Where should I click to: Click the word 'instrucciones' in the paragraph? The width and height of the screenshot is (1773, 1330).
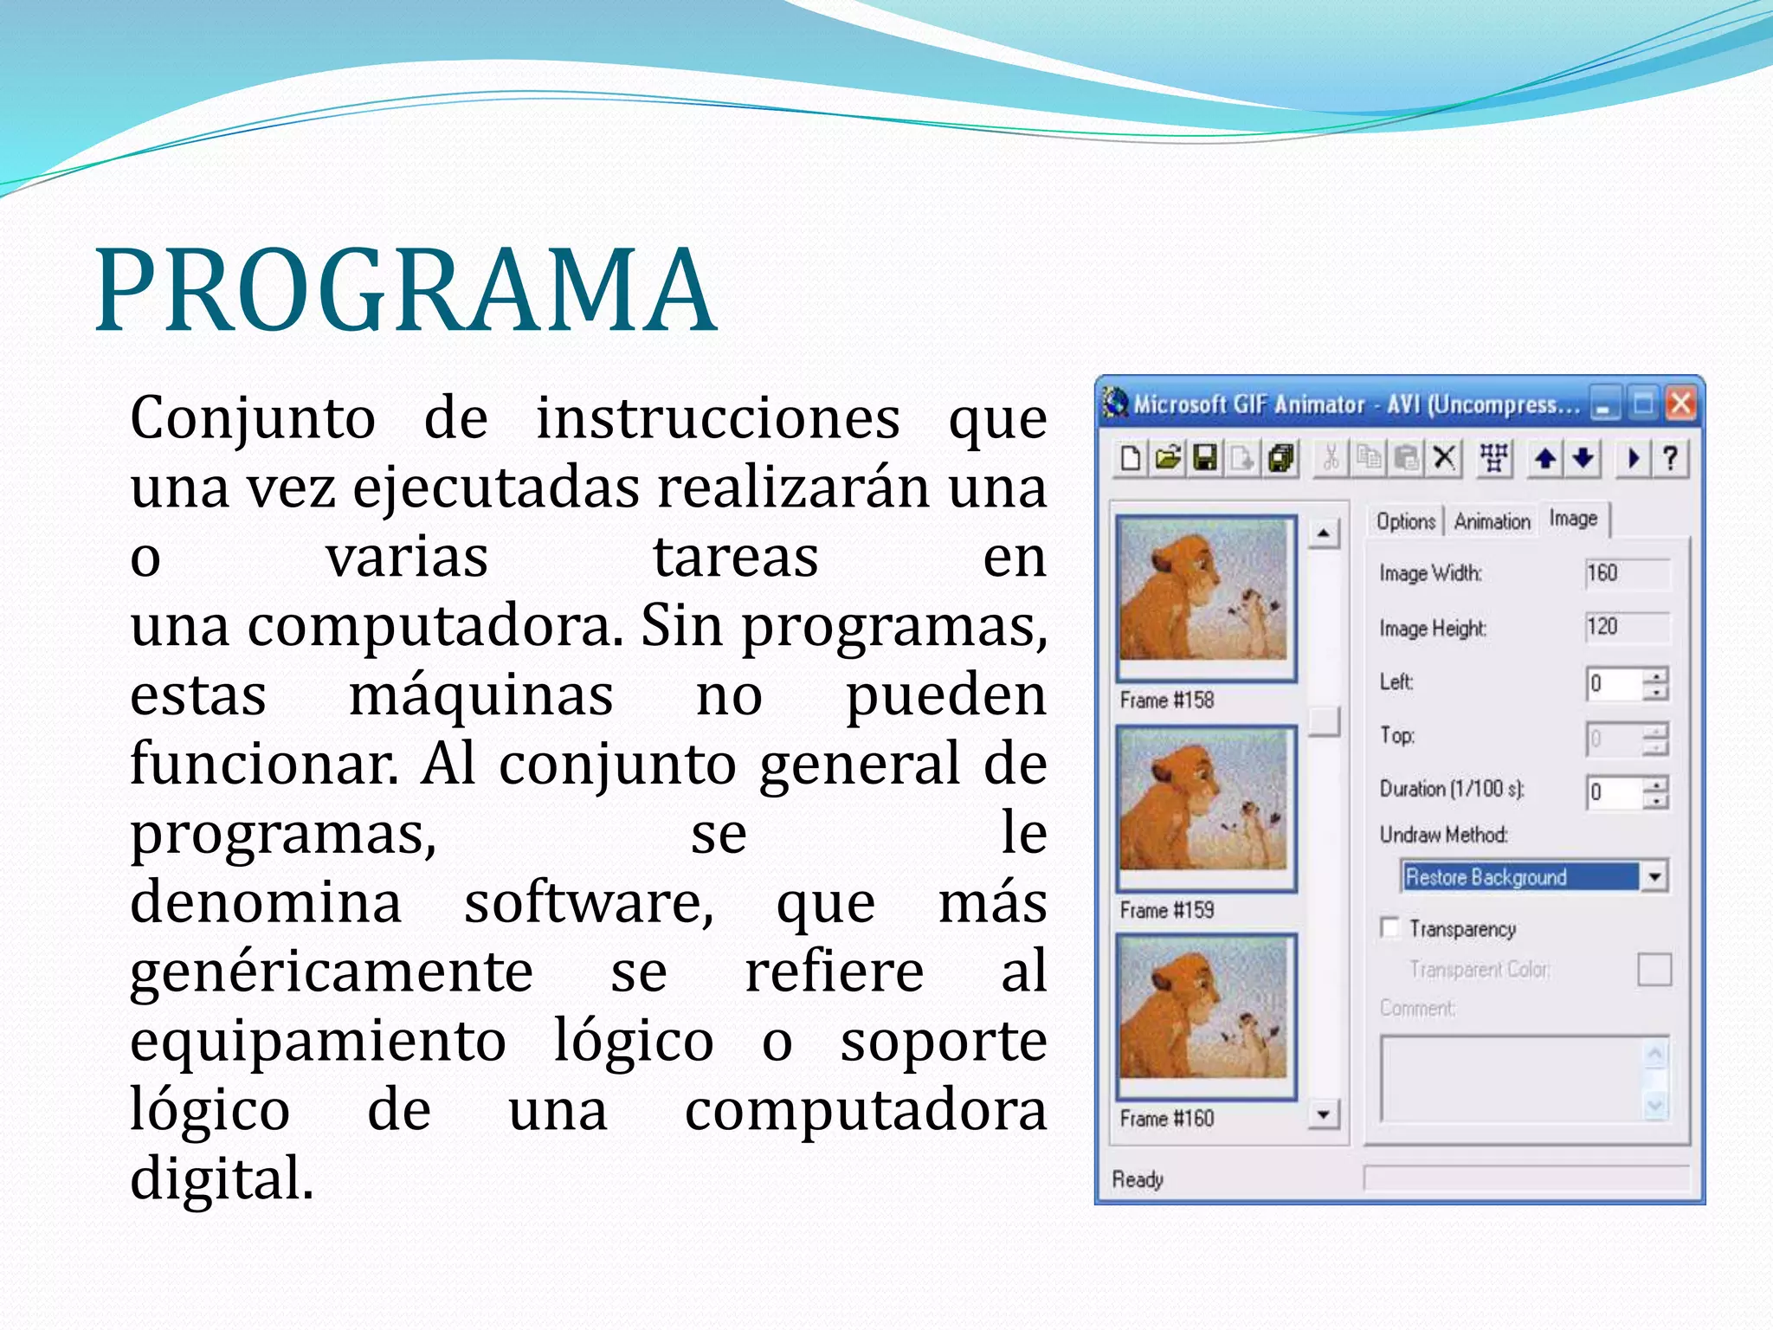[x=718, y=418]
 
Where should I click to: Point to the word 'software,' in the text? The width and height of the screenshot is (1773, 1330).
[x=589, y=903]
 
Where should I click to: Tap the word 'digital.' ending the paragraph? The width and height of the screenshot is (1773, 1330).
[x=222, y=1179]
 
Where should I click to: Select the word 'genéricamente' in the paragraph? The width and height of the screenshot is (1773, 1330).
[x=331, y=972]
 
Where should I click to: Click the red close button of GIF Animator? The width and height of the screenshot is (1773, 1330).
[x=1681, y=404]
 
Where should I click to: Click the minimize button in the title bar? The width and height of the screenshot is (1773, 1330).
[x=1605, y=404]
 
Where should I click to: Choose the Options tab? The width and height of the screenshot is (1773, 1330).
[x=1405, y=521]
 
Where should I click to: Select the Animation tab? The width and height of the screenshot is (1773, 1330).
[x=1492, y=521]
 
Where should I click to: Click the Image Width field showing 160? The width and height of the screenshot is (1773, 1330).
[x=1626, y=573]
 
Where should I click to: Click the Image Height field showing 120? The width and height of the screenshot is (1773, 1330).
[x=1626, y=627]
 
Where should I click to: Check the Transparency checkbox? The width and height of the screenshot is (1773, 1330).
[x=1390, y=928]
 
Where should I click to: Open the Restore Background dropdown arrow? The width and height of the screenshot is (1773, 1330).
[x=1654, y=876]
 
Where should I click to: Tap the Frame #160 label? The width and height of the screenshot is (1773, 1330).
[x=1166, y=1119]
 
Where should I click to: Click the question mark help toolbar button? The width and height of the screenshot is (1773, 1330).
[x=1670, y=457]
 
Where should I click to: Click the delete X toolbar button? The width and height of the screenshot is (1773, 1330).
[x=1444, y=457]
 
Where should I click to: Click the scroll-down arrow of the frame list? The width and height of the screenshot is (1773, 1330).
[x=1323, y=1114]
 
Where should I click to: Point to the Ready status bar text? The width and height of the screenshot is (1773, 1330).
[x=1138, y=1179]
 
